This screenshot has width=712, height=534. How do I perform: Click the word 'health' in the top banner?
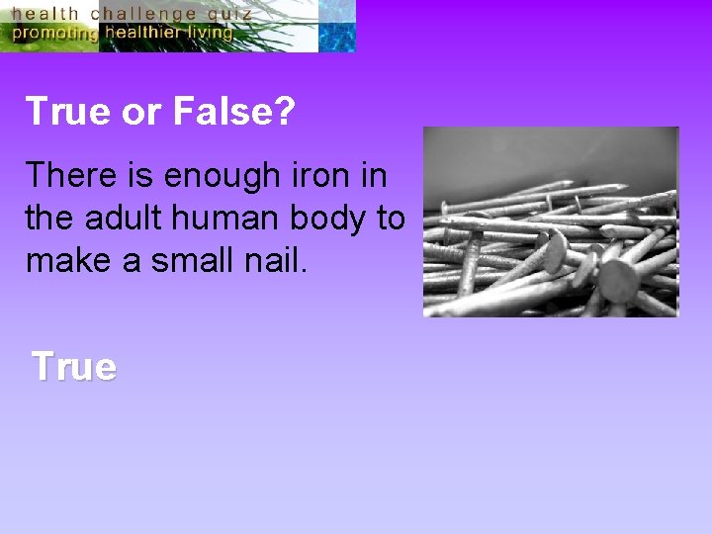(44, 14)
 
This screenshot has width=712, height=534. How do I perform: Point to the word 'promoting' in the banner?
(53, 33)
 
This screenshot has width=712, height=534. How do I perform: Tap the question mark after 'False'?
(284, 112)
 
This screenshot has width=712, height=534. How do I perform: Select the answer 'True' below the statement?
(74, 367)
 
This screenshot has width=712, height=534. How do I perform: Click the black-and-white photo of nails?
(551, 222)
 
